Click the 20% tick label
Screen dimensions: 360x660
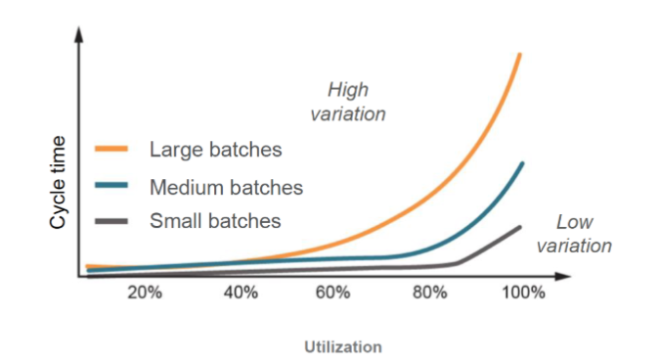coord(145,292)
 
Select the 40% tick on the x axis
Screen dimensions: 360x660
coord(240,292)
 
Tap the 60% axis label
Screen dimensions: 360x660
coord(333,292)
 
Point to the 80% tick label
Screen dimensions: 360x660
coord(428,292)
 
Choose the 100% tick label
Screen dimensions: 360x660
coord(525,292)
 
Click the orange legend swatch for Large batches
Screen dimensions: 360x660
coord(111,150)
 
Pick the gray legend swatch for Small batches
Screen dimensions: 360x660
coord(111,220)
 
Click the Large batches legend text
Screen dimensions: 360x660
coord(215,150)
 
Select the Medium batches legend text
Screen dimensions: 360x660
coord(226,186)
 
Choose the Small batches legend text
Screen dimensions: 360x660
coord(215,220)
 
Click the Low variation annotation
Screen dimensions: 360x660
coord(575,234)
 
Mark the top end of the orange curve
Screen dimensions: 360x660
coord(520,55)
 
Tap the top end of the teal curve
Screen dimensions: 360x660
coord(522,163)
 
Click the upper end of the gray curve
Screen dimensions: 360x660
coord(520,227)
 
